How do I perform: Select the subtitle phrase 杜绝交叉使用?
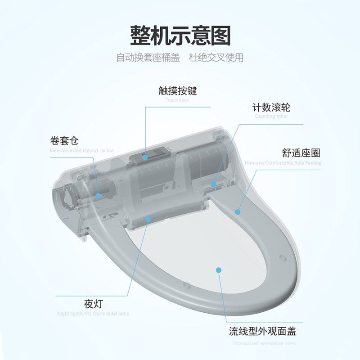point(216,58)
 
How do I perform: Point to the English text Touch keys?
point(177,100)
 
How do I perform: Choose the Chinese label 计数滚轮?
point(271,108)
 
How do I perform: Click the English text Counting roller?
point(271,117)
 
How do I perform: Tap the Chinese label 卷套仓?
point(64,141)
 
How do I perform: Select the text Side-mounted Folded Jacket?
point(81,150)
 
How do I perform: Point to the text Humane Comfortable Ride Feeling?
point(283,163)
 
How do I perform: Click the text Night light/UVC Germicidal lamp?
point(93,314)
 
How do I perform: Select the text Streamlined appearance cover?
point(265,342)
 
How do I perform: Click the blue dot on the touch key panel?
point(145,157)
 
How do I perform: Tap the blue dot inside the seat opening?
point(219,270)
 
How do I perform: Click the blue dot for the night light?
point(148,219)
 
